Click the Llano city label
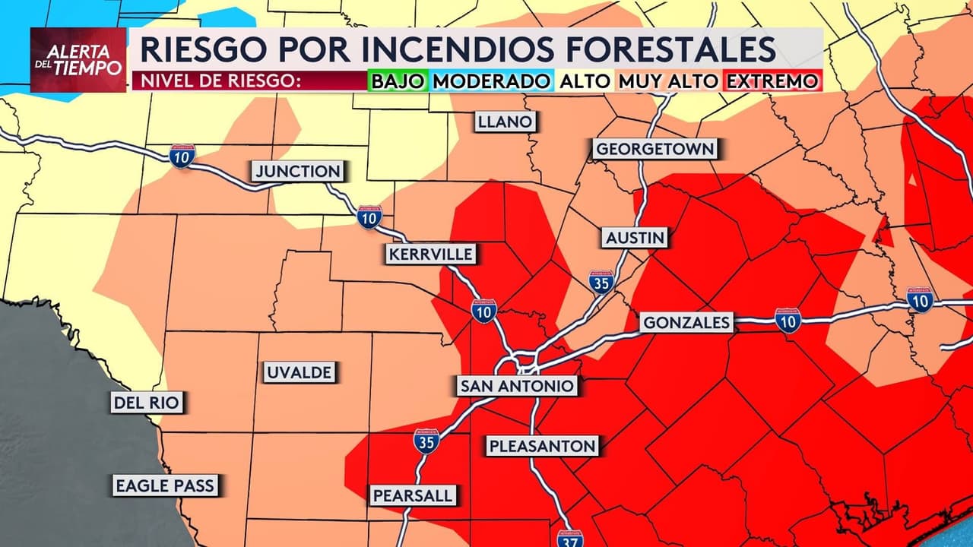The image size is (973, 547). (x=505, y=122)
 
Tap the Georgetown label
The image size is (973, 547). (x=655, y=148)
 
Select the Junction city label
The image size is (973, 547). (x=298, y=172)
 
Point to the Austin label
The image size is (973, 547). (x=635, y=238)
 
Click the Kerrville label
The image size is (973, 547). (x=431, y=254)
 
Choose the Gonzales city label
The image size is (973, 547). (x=686, y=322)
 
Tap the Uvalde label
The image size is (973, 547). (x=299, y=372)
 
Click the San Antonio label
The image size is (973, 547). (x=516, y=386)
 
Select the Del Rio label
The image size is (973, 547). (x=147, y=402)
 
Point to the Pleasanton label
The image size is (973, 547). (x=543, y=446)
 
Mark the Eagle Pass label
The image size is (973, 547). (x=165, y=485)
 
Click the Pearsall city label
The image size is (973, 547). (x=414, y=495)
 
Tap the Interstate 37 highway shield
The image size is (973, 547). (x=569, y=539)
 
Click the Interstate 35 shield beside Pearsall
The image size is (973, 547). (x=426, y=441)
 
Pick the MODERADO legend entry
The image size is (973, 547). (x=491, y=81)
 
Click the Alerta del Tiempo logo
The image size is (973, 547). (x=78, y=60)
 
